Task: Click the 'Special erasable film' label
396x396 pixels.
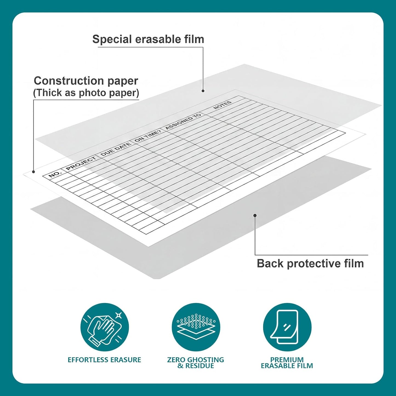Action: coord(148,39)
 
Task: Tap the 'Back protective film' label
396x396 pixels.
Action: coord(310,263)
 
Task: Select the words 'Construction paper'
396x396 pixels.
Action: coord(86,81)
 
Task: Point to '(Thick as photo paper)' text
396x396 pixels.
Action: coord(86,93)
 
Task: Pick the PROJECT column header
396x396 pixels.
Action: coord(81,163)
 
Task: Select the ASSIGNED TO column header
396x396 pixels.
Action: coord(183,122)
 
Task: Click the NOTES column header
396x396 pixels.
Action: coord(223,105)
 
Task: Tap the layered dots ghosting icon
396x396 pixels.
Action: coord(196,327)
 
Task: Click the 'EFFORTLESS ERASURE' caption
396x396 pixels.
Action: coord(104,360)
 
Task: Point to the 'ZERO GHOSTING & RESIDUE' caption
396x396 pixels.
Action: coord(195,363)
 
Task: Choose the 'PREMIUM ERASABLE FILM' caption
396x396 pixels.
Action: coord(287,363)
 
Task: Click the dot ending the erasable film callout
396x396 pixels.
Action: coord(203,91)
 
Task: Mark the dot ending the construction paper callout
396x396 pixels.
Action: coord(33,172)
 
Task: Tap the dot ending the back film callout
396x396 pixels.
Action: coord(255,215)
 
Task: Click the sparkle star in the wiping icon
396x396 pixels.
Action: coord(119,315)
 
